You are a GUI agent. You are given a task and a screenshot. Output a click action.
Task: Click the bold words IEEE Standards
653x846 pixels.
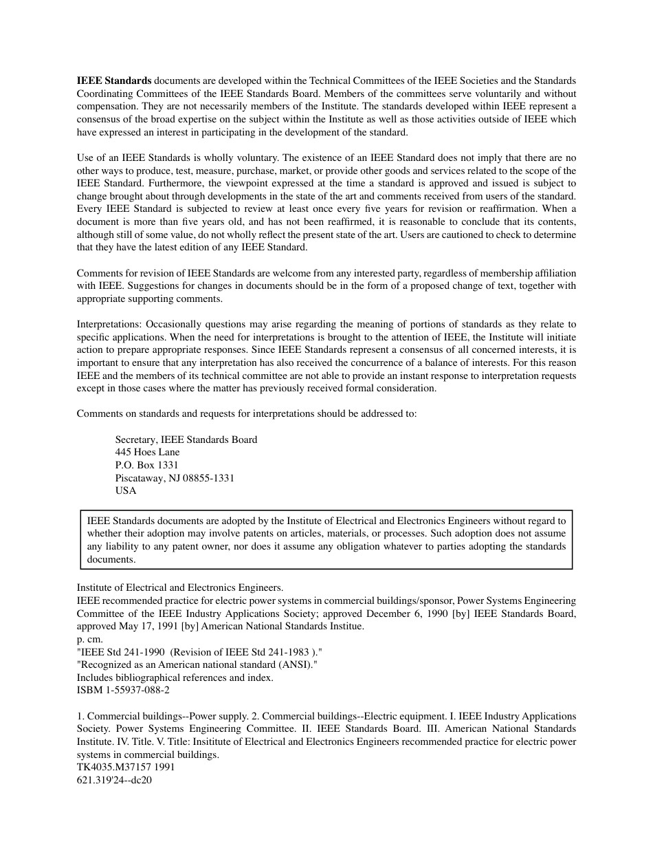coord(113,81)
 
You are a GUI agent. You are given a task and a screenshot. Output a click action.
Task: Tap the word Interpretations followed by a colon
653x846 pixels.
coord(109,324)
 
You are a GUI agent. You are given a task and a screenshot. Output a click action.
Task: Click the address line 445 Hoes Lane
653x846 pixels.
coord(147,452)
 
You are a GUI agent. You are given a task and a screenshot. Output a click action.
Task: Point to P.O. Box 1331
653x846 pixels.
coord(146,465)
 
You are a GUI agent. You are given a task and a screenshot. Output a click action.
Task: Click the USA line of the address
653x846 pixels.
coord(126,491)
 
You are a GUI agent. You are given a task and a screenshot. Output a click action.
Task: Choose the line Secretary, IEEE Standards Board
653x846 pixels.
coord(186,440)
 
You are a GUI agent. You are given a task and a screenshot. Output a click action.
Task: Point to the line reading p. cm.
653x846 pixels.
coord(91,639)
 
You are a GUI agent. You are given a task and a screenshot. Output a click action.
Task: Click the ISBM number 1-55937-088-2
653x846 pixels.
coord(136,690)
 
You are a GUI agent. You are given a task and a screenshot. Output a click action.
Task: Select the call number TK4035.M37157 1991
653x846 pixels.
coord(126,767)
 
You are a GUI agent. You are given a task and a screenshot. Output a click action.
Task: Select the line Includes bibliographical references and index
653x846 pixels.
coord(175,677)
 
